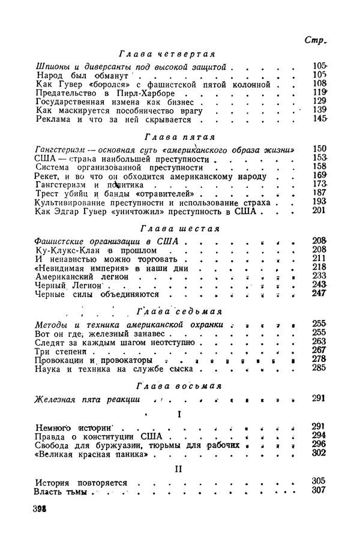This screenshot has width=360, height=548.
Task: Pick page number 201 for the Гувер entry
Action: point(319,211)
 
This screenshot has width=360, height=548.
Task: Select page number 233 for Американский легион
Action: point(319,276)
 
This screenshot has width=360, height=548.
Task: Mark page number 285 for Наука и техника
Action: point(319,369)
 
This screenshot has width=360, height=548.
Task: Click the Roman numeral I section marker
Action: point(179,414)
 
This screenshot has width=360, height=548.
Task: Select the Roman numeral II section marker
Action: point(178,469)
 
